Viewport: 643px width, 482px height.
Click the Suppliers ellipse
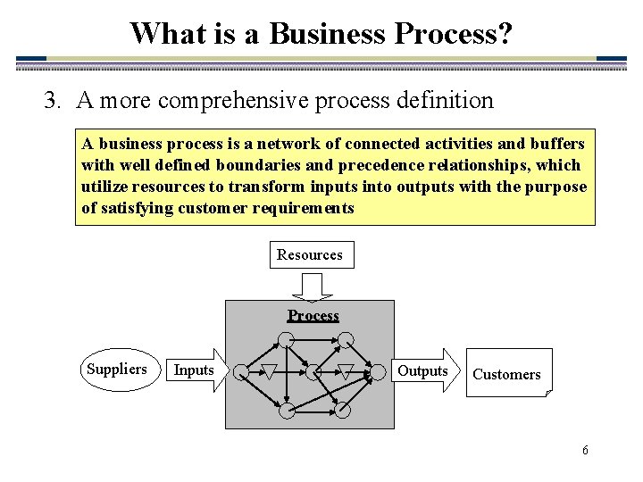click(x=117, y=370)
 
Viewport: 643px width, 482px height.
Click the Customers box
click(x=507, y=373)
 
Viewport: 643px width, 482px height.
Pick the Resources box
click(x=310, y=255)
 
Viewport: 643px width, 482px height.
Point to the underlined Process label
click(x=313, y=315)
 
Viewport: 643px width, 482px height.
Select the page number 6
click(x=585, y=450)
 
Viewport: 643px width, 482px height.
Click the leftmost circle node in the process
click(x=240, y=370)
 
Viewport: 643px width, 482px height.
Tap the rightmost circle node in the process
click(x=380, y=370)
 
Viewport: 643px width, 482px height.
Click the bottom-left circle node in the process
click(x=285, y=411)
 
